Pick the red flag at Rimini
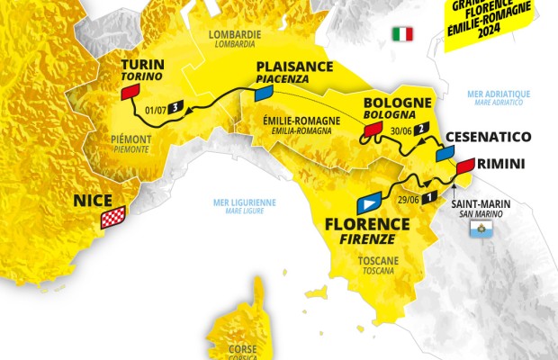[x=465, y=166]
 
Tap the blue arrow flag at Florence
[x=369, y=201]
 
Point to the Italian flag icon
[x=401, y=34]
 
